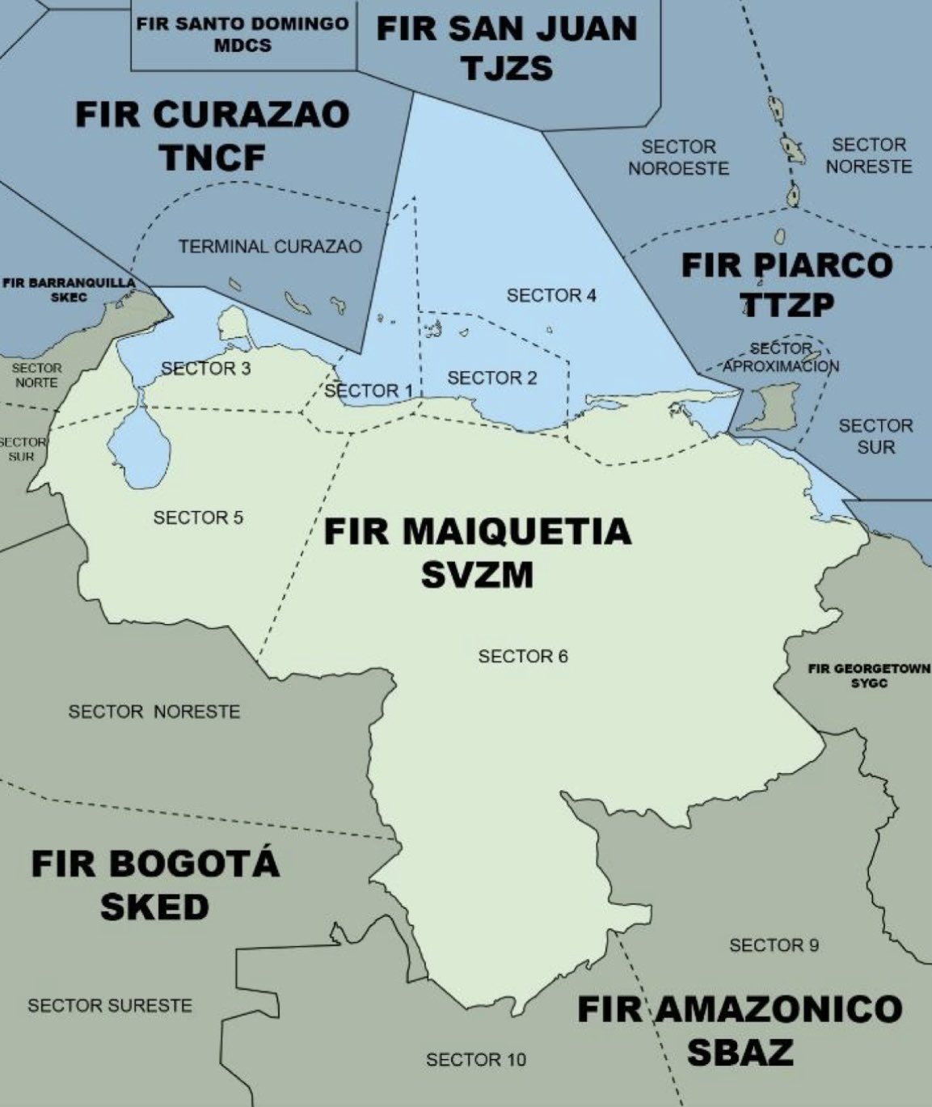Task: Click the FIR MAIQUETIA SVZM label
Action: tap(477, 553)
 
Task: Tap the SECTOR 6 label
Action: tap(523, 656)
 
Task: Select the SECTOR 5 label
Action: tap(198, 517)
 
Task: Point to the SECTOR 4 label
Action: tap(551, 295)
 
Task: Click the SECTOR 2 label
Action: tap(491, 378)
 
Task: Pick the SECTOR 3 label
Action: tap(205, 369)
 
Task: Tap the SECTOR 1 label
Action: tap(369, 391)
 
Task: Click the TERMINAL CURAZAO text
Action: tap(270, 247)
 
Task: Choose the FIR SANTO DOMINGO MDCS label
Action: tap(242, 35)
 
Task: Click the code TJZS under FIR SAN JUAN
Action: tap(507, 68)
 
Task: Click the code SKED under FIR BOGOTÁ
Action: tap(154, 907)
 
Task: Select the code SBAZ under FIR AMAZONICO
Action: tap(740, 1052)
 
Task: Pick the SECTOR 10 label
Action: tap(475, 1059)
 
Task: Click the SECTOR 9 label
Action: tap(774, 944)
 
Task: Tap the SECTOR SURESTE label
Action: tap(110, 1006)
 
